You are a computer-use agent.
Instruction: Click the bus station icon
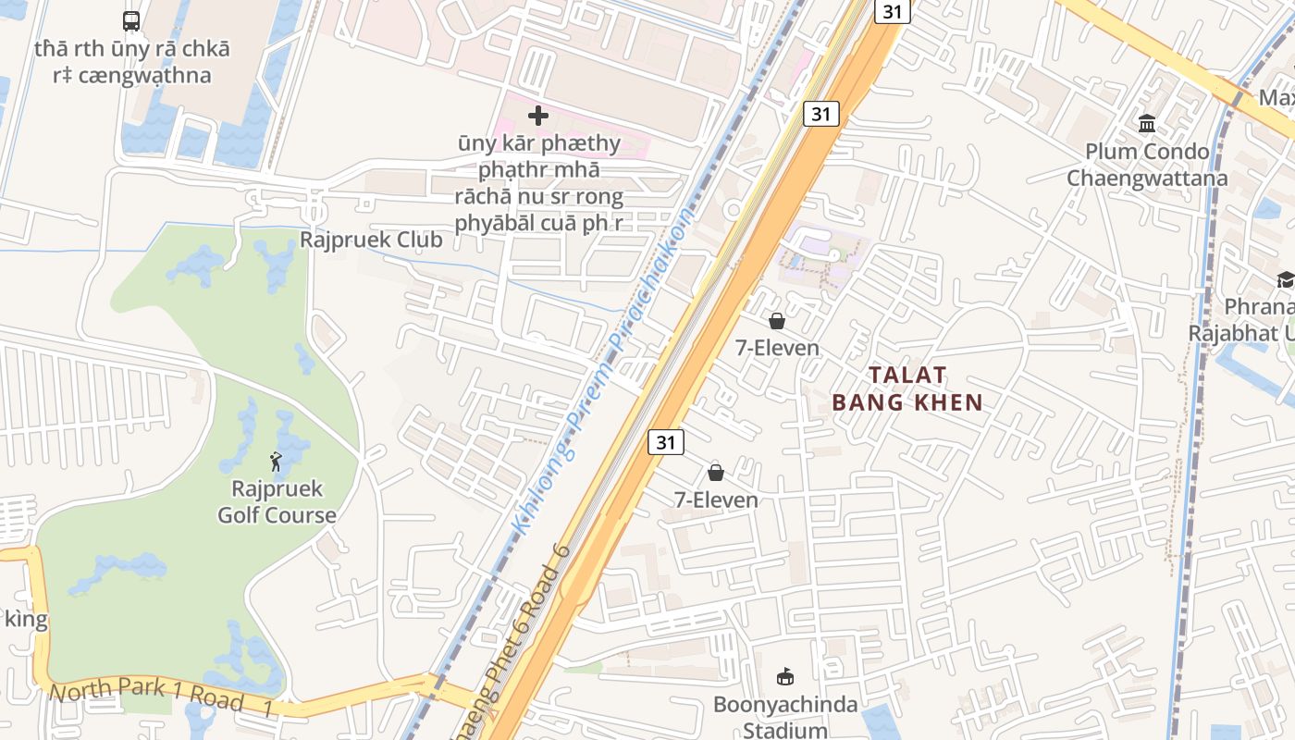tap(131, 21)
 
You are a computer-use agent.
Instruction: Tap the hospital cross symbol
tap(537, 116)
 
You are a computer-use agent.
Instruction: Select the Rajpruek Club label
tap(371, 240)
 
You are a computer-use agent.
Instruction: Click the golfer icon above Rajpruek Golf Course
tap(276, 461)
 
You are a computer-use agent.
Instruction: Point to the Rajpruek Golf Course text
tap(277, 502)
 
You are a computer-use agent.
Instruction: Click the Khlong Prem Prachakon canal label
tap(601, 370)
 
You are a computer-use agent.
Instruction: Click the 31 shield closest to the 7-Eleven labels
tap(665, 442)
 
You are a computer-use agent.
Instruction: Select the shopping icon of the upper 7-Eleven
tap(777, 321)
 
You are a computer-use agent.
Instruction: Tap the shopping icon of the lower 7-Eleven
tap(716, 473)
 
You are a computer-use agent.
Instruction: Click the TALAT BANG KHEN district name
tap(906, 388)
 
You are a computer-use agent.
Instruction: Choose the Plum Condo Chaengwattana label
tap(1147, 165)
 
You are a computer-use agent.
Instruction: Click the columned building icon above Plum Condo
tap(1147, 123)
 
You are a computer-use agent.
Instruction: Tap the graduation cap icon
tap(1285, 279)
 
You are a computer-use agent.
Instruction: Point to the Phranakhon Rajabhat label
tap(1244, 319)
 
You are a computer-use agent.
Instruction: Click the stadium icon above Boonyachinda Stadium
tap(785, 677)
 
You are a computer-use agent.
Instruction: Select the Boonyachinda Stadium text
tap(785, 717)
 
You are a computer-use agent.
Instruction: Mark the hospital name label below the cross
tap(538, 183)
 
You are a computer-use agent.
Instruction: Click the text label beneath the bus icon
tap(132, 62)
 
